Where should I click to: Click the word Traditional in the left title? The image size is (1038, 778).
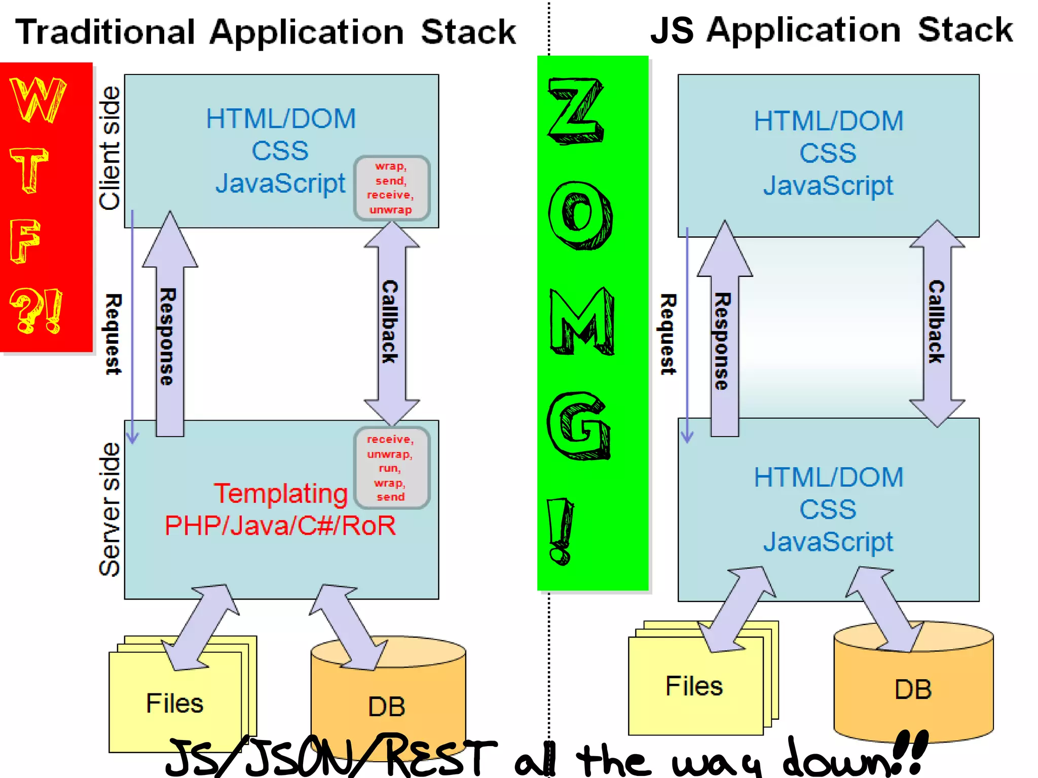(x=105, y=32)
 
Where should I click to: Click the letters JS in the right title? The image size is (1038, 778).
(x=671, y=30)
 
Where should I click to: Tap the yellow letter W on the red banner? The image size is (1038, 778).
(x=38, y=100)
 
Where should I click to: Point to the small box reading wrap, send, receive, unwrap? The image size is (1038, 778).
(x=391, y=188)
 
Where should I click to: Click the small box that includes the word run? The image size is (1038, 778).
(x=391, y=468)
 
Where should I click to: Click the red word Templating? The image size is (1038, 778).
(x=280, y=493)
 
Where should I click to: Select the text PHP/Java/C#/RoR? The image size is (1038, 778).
(x=280, y=526)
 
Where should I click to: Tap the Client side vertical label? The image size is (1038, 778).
(x=109, y=148)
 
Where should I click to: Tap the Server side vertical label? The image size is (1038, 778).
(x=109, y=510)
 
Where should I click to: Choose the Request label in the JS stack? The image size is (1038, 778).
(x=668, y=335)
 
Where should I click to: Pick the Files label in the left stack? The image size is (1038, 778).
(x=174, y=703)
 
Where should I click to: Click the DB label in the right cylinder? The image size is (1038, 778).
(x=913, y=689)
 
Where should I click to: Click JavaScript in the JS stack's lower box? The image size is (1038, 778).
(x=828, y=542)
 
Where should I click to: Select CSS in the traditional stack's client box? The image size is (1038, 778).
(x=280, y=151)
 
